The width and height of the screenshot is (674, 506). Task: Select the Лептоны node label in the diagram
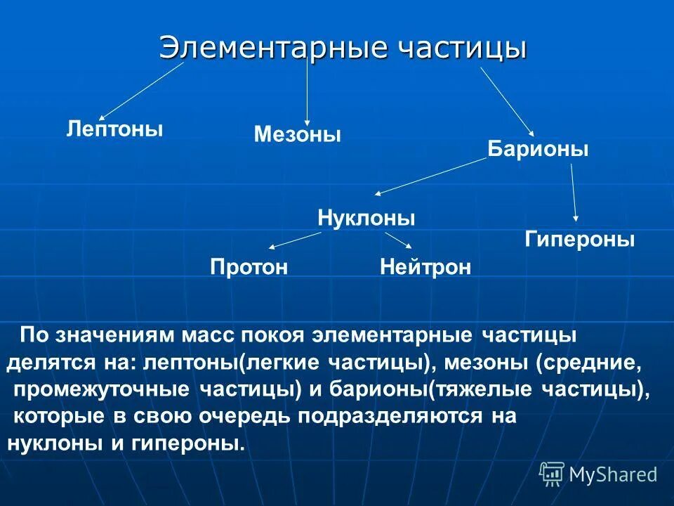pos(114,129)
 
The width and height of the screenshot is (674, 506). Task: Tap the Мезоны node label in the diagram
pos(298,134)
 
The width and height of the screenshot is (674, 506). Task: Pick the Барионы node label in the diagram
pos(538,149)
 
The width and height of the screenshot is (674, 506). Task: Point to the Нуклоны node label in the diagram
pos(366,218)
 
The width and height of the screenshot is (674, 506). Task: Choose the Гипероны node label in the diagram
pos(580,240)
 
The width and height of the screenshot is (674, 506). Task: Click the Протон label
pos(249,267)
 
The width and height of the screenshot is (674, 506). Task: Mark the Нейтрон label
pos(425,267)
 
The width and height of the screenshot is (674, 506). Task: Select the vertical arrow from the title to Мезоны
pos(307,91)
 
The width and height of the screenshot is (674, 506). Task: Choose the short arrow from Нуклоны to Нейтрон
pos(399,240)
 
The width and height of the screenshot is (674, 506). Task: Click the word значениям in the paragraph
pos(117,336)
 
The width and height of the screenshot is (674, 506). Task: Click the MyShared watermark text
pos(613,474)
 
